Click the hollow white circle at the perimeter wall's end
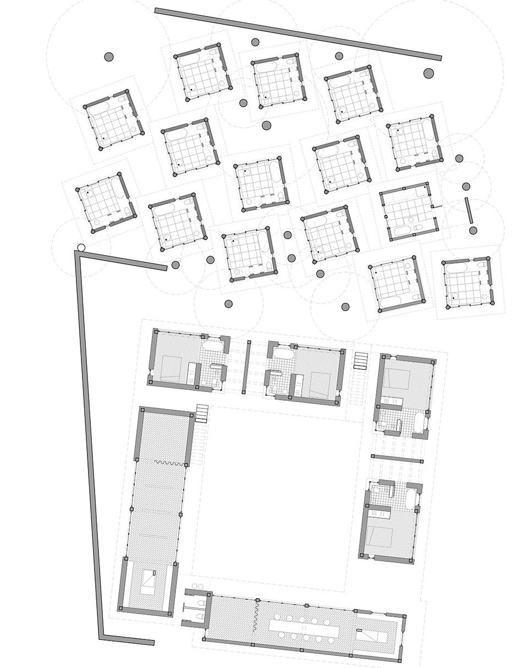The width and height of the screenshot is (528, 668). coord(81,247)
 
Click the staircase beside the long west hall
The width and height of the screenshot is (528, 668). coord(202,413)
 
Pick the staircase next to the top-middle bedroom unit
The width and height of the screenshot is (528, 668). coord(360,361)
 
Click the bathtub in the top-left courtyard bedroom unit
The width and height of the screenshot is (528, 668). coord(212,347)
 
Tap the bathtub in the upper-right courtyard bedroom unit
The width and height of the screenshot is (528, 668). coord(419,422)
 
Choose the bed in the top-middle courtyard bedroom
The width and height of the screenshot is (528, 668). coord(318,379)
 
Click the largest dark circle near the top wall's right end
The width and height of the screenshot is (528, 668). coord(428,74)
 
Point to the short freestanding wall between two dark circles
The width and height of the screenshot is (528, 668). coord(469,210)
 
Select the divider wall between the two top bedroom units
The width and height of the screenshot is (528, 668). coord(249,366)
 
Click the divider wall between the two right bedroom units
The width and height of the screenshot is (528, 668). coord(397,457)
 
